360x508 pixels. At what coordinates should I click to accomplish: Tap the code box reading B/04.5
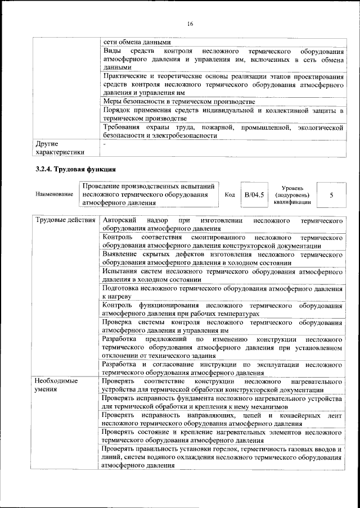(251, 195)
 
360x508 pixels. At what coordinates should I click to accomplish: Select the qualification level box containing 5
(331, 195)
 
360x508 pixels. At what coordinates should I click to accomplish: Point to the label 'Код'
(229, 195)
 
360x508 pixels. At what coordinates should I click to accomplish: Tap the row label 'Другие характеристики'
(60, 148)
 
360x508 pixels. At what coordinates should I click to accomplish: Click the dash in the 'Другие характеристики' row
(104, 144)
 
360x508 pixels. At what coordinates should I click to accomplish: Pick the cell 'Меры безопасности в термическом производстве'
(179, 102)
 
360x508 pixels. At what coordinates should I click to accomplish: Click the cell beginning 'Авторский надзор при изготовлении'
(222, 224)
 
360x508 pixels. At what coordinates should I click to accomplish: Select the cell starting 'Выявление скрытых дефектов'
(222, 258)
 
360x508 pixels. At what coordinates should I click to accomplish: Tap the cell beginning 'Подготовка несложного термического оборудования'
(222, 292)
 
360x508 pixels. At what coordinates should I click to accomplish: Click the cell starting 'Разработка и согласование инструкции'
(222, 368)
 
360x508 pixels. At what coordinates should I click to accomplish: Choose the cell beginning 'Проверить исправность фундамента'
(222, 402)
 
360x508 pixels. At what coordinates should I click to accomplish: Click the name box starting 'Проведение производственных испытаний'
(148, 195)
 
